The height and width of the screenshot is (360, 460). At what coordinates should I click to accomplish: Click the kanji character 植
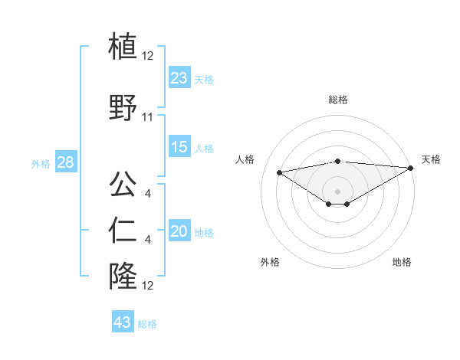[123, 46]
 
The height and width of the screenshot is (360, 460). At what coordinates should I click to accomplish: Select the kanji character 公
[123, 184]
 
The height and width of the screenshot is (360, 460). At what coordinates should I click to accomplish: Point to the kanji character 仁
[123, 230]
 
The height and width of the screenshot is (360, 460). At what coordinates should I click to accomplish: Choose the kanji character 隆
[123, 276]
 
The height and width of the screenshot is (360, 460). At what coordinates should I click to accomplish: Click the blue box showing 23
[179, 77]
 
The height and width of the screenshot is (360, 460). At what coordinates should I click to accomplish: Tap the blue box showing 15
[179, 147]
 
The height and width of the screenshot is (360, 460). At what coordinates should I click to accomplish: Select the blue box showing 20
[179, 231]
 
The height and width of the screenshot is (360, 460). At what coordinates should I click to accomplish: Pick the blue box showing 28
[65, 162]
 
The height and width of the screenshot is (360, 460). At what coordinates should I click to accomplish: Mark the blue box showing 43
[123, 322]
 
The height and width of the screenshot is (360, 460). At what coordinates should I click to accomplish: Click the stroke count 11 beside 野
[148, 117]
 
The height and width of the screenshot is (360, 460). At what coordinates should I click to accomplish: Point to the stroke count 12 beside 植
[148, 55]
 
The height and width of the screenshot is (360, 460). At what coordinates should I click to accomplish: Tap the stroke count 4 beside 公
[148, 192]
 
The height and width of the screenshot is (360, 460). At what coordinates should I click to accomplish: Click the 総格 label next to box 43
[147, 324]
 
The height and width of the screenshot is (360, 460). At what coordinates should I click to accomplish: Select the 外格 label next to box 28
[41, 163]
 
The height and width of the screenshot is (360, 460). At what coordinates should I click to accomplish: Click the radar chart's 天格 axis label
[431, 159]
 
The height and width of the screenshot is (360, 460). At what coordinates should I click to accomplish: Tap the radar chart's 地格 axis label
[402, 262]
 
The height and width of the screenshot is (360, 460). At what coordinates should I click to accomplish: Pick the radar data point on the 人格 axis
[280, 172]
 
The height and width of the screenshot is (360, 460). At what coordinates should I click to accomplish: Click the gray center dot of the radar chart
[337, 190]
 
